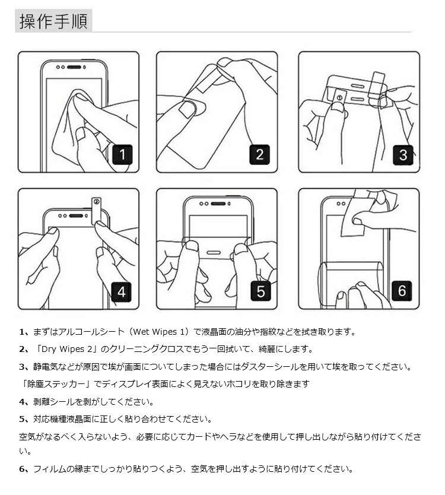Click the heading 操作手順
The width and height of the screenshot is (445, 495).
[53, 21]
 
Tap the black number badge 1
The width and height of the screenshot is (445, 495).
[122, 154]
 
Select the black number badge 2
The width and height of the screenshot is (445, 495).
[259, 154]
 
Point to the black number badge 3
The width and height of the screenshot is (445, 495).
[403, 155]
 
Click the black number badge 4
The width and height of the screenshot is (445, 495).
[121, 291]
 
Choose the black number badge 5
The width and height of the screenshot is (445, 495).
[260, 291]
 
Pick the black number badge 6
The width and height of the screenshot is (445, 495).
[402, 290]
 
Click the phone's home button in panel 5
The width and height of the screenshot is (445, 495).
[214, 253]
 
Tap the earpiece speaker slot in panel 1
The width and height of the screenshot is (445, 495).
[74, 67]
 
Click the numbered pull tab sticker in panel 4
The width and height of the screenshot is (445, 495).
[96, 211]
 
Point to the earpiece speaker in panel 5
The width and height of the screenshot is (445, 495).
[218, 204]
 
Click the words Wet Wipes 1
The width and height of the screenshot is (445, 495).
[159, 332]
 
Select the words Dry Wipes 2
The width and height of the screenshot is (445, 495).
[67, 349]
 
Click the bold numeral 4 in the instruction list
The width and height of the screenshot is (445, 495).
[21, 402]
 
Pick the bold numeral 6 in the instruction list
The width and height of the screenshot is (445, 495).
[21, 469]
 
